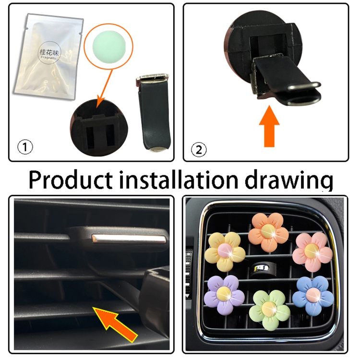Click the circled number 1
[x=25, y=147]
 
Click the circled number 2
[x=199, y=149]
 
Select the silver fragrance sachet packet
[x=48, y=57]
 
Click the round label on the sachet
[x=49, y=54]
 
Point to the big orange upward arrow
[x=269, y=126]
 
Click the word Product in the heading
[x=71, y=180]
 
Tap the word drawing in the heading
[x=289, y=181]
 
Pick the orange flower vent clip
[x=268, y=232]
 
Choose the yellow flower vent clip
[x=225, y=252]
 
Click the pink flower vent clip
[x=312, y=252]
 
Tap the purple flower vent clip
[x=224, y=295]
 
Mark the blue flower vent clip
[x=313, y=296]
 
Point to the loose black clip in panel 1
[x=154, y=112]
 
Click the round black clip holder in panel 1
[x=99, y=128]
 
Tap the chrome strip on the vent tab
[x=129, y=239]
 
